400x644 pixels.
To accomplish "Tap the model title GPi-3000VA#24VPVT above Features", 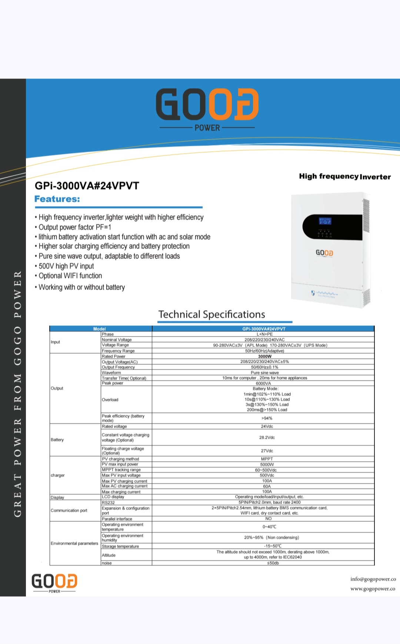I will click(87, 186).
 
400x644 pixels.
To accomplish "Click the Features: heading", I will click(57, 199).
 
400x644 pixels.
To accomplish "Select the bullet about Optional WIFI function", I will click(70, 276).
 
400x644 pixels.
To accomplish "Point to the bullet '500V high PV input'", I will click(66, 266).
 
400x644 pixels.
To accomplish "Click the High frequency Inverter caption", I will click(345, 177).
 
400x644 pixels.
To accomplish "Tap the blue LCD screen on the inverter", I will click(325, 221).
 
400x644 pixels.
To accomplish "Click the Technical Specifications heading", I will click(211, 314).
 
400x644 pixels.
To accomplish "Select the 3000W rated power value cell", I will click(265, 356).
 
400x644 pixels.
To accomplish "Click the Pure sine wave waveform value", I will click(264, 373).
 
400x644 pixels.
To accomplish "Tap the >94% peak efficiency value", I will click(267, 418).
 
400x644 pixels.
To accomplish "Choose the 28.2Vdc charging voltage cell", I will click(267, 437).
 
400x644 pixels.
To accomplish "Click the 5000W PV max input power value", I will click(267, 464).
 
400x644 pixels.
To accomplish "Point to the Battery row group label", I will click(57, 440).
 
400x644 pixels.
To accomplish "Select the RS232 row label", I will click(108, 503).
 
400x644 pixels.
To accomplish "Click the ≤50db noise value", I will click(273, 563).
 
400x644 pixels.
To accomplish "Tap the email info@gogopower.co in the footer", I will click(373, 579).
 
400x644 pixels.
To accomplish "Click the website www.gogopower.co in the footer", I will click(373, 589).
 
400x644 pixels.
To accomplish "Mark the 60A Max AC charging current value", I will click(267, 486).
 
